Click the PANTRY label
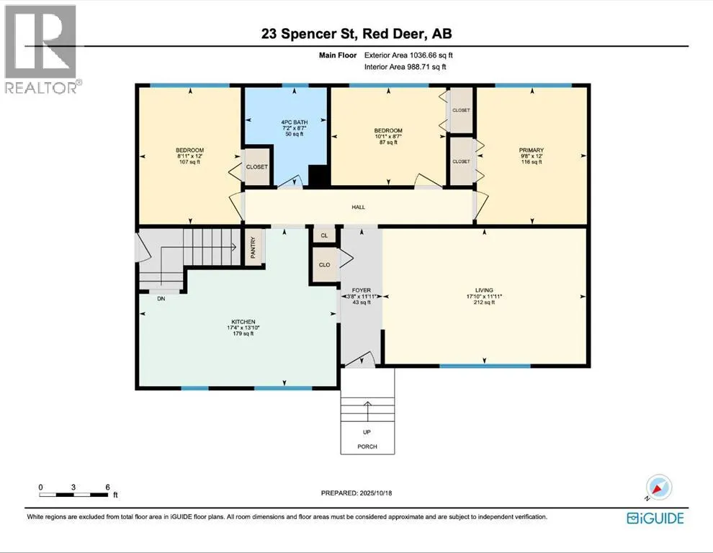254,248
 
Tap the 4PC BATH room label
295,122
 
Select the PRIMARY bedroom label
531,150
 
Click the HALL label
359,207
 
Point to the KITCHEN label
243,322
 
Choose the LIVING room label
484,290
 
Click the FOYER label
362,290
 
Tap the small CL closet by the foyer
324,235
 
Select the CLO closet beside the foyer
324,265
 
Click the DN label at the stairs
161,299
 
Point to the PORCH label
367,446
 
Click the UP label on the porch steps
367,432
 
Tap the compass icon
658,487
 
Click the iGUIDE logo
655,518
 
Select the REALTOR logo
41,49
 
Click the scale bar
73,495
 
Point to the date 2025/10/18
376,493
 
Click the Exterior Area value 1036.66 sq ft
431,55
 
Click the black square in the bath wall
319,176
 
